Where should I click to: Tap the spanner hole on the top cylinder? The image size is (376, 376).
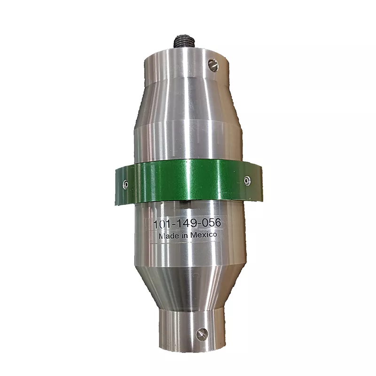coord(213,65)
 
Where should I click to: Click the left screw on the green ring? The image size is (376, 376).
coord(125,184)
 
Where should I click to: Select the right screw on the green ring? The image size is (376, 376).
coord(247,180)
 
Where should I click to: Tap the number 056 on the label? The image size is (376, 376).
coord(211,223)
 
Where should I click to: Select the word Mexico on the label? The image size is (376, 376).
coord(204,235)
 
